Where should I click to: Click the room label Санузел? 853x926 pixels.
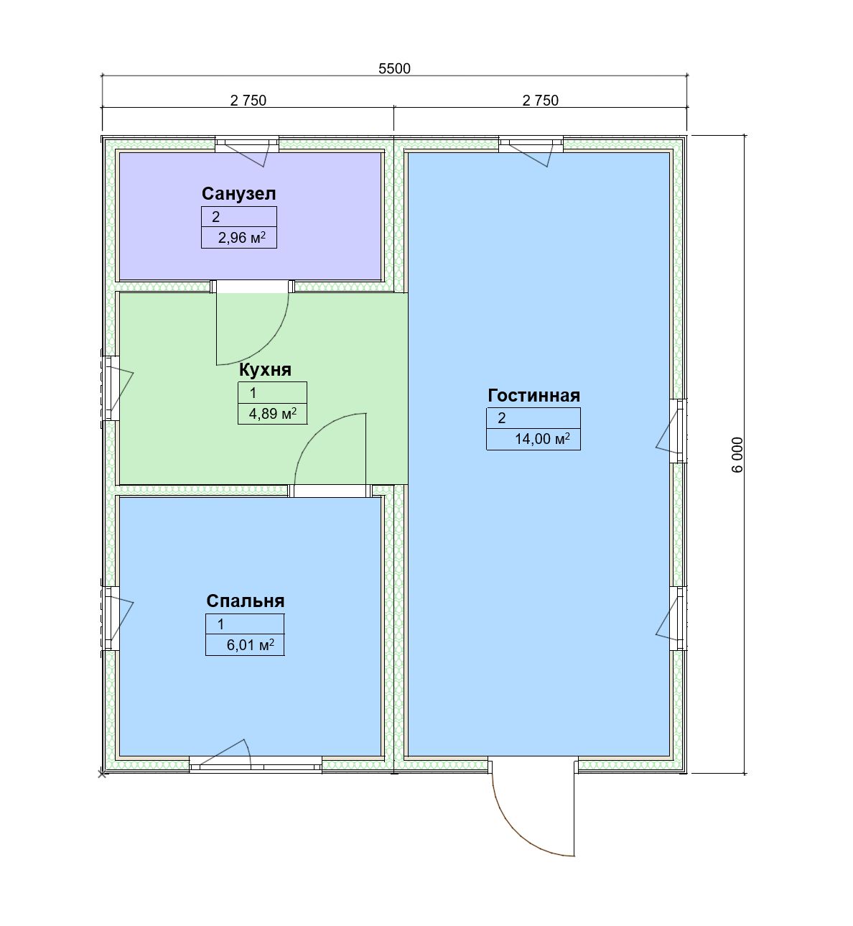point(238,194)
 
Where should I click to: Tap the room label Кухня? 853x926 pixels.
point(265,370)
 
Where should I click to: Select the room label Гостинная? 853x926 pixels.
point(533,396)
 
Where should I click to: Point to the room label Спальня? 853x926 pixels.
point(245,601)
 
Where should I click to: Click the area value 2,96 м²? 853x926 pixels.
point(241,238)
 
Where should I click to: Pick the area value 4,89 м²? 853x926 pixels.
point(272,413)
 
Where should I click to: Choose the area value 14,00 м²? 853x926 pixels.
point(542,438)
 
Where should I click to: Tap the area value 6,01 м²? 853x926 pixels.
point(250,645)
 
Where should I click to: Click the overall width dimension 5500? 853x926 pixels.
point(394,68)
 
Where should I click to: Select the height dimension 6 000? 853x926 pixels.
point(737,455)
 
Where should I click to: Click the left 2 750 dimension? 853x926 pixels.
point(248,100)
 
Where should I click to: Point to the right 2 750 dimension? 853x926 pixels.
point(540,100)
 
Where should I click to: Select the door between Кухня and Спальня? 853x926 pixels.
point(330,455)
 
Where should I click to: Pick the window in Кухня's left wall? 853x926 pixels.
point(113,388)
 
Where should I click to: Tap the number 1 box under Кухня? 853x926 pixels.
point(272,393)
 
